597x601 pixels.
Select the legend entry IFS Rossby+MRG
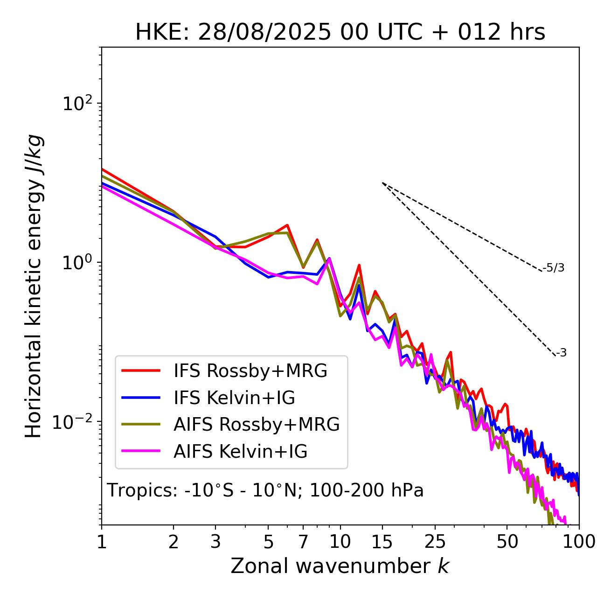(x=250, y=371)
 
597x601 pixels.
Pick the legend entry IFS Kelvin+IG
(x=234, y=398)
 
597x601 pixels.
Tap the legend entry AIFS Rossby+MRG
(x=256, y=425)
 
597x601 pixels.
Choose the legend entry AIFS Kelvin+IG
(x=240, y=452)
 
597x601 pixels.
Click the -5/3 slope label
(x=554, y=268)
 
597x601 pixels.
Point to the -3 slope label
(x=561, y=353)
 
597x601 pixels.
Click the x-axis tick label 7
(x=303, y=542)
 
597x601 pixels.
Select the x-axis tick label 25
(x=435, y=542)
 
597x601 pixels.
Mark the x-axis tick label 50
(x=507, y=542)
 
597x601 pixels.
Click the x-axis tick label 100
(x=579, y=542)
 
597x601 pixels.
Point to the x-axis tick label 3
(x=215, y=542)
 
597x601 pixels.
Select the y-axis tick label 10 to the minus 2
(x=75, y=421)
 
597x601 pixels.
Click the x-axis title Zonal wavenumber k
(x=340, y=566)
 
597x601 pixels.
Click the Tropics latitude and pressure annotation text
(x=265, y=490)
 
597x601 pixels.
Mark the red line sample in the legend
(x=141, y=371)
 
